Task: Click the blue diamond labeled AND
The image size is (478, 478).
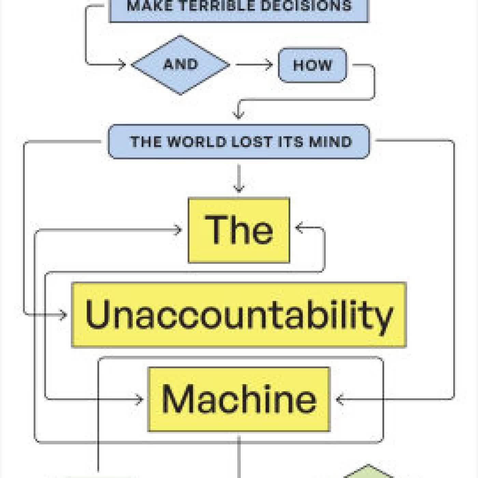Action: (x=181, y=65)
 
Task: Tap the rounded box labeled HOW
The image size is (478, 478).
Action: (x=312, y=65)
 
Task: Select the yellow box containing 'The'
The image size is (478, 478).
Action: (x=239, y=230)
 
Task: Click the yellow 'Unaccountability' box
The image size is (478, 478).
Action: (x=239, y=314)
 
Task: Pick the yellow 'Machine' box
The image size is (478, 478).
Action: (x=239, y=399)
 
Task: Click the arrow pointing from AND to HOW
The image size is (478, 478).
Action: (x=254, y=65)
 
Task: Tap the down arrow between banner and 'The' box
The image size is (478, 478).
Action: (x=239, y=179)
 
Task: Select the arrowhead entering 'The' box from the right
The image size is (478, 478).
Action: (x=299, y=228)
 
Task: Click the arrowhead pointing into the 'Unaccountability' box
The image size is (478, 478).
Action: (x=64, y=314)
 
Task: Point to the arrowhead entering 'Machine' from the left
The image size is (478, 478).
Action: (x=139, y=399)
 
